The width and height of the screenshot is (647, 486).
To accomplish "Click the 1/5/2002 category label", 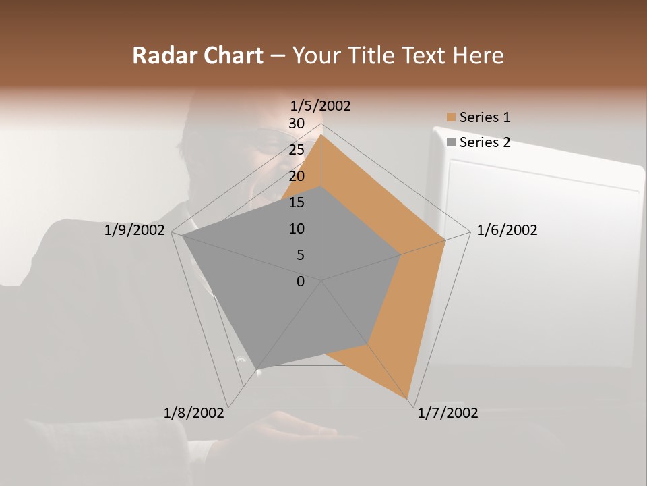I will click(321, 105).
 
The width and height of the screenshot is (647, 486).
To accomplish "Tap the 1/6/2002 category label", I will click(507, 230).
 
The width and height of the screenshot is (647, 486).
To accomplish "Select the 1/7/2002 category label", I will click(448, 412).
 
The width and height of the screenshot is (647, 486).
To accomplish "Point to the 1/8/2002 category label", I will click(194, 412).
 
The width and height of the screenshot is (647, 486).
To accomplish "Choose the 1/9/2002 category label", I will click(135, 230).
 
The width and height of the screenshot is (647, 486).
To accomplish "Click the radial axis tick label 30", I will click(296, 124).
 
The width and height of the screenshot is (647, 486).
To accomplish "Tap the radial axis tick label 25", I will click(296, 150).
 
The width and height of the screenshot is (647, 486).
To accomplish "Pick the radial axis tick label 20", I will click(296, 176).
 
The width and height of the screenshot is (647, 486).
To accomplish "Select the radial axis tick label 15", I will click(296, 202).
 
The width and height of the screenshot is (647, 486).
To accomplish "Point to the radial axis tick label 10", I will click(296, 229).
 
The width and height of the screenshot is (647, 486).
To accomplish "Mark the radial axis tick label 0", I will click(301, 281).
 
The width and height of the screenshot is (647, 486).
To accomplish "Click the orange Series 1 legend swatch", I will click(451, 117).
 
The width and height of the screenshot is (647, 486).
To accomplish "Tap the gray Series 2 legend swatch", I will click(451, 142).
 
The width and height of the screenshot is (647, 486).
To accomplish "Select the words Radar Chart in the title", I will click(197, 55).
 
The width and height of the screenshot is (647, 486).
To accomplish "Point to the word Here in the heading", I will click(478, 55).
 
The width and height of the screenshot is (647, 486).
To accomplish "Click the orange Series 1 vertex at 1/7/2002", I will click(408, 398).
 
